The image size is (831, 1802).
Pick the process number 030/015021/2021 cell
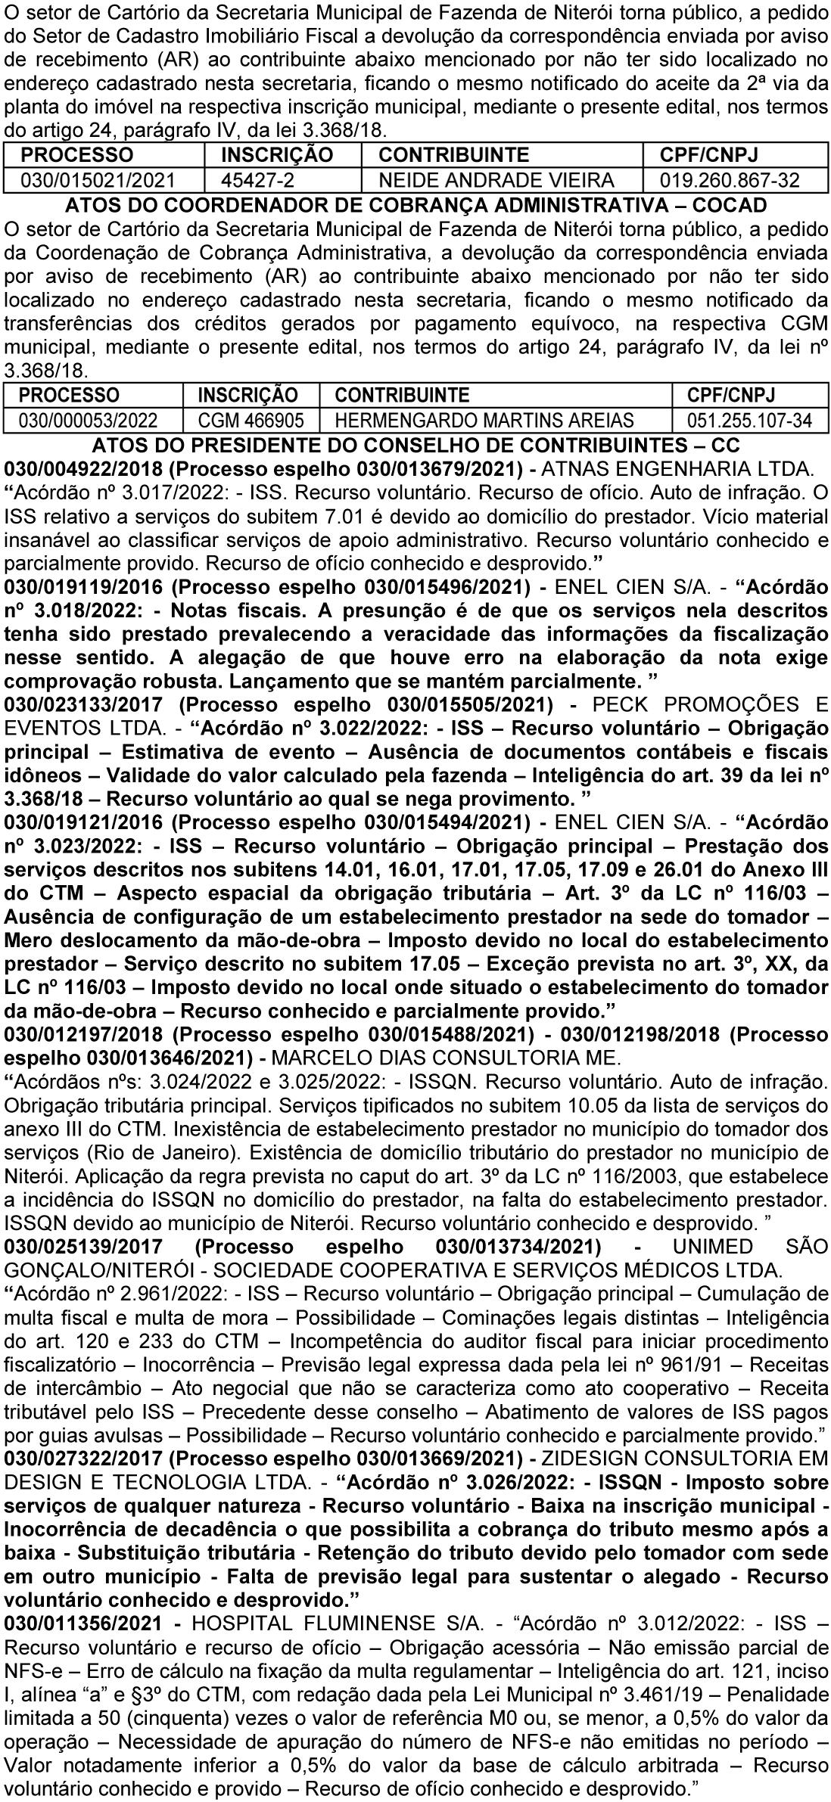coord(98,180)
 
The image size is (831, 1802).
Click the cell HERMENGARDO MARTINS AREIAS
coord(484,421)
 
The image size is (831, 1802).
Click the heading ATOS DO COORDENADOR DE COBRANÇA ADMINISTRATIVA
coord(415,205)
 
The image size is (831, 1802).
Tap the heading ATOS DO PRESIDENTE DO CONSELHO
coord(415,445)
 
